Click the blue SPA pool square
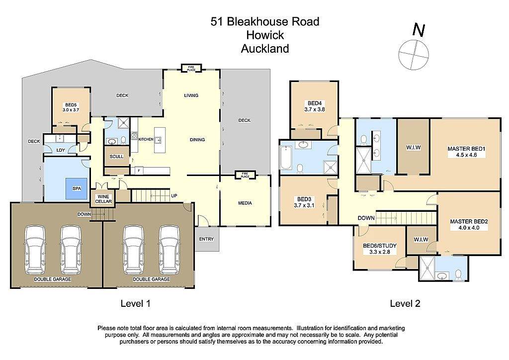77,188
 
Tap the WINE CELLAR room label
103,199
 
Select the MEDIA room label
245,203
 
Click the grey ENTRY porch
207,239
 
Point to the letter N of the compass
419,30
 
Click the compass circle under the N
414,54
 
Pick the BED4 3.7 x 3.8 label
314,106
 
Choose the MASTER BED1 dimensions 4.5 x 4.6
466,155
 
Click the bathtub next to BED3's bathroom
286,158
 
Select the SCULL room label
116,157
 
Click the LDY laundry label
61,150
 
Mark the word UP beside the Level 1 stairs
174,196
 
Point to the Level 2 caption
405,303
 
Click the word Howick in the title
265,35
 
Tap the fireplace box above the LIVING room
191,68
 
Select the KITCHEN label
146,139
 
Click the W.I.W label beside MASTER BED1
413,147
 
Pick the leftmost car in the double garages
35,250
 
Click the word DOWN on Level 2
366,218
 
